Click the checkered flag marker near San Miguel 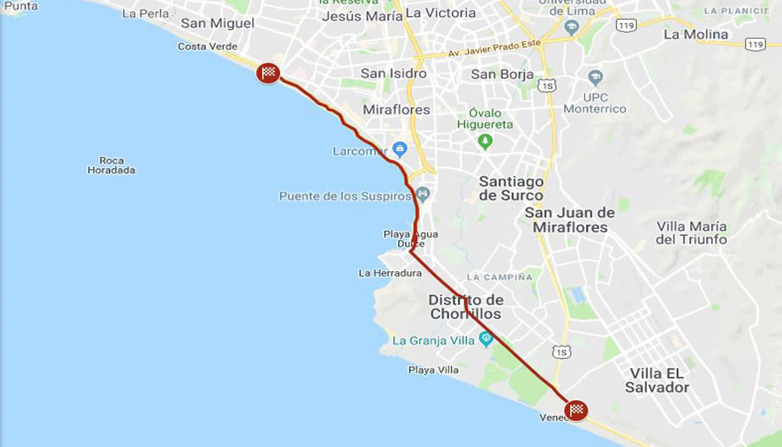(x=268, y=73)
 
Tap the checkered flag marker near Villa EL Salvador (x=576, y=410)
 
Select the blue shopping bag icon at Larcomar (x=399, y=149)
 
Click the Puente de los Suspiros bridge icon (x=423, y=194)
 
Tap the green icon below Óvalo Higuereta (x=485, y=142)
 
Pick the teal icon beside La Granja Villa (x=486, y=338)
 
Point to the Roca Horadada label (x=111, y=165)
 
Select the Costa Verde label (x=207, y=47)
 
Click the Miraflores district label (x=396, y=110)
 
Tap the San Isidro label (x=393, y=73)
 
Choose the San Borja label (x=502, y=74)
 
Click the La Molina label (x=695, y=35)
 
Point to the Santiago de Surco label (x=511, y=188)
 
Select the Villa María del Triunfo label (x=692, y=233)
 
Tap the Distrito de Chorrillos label (x=466, y=307)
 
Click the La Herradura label (x=390, y=273)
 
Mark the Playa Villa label (x=433, y=370)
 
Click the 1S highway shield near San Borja (x=547, y=85)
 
